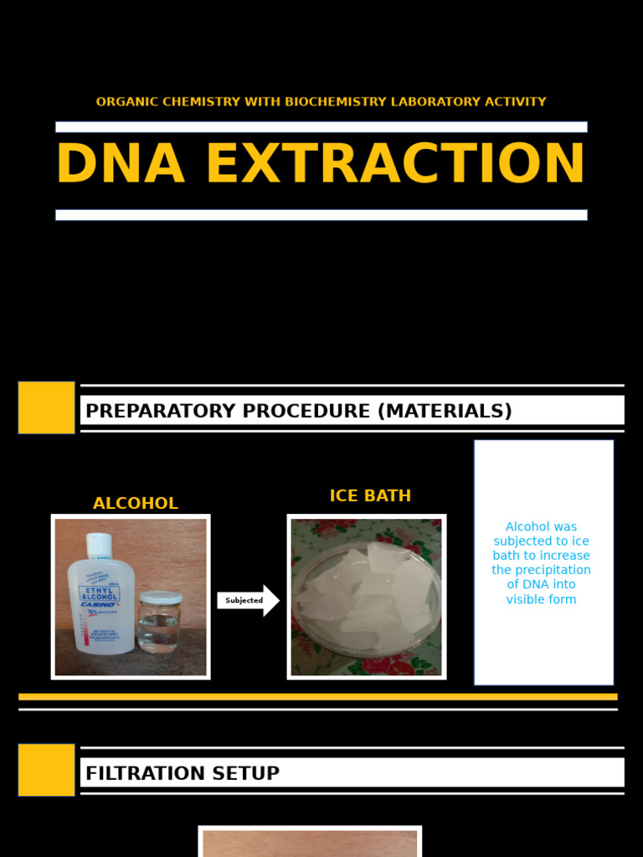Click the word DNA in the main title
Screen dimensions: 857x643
[120, 165]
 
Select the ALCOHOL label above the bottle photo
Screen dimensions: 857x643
[135, 504]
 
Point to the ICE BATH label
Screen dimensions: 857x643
[370, 496]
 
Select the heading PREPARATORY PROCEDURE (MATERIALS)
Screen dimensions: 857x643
[298, 411]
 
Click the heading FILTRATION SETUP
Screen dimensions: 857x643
[183, 773]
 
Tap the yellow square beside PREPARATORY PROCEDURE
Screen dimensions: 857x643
[46, 408]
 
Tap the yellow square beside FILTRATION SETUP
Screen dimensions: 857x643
[46, 770]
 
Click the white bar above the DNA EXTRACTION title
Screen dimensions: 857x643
[321, 127]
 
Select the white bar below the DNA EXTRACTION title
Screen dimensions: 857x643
[321, 215]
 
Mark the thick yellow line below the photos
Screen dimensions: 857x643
[318, 696]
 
